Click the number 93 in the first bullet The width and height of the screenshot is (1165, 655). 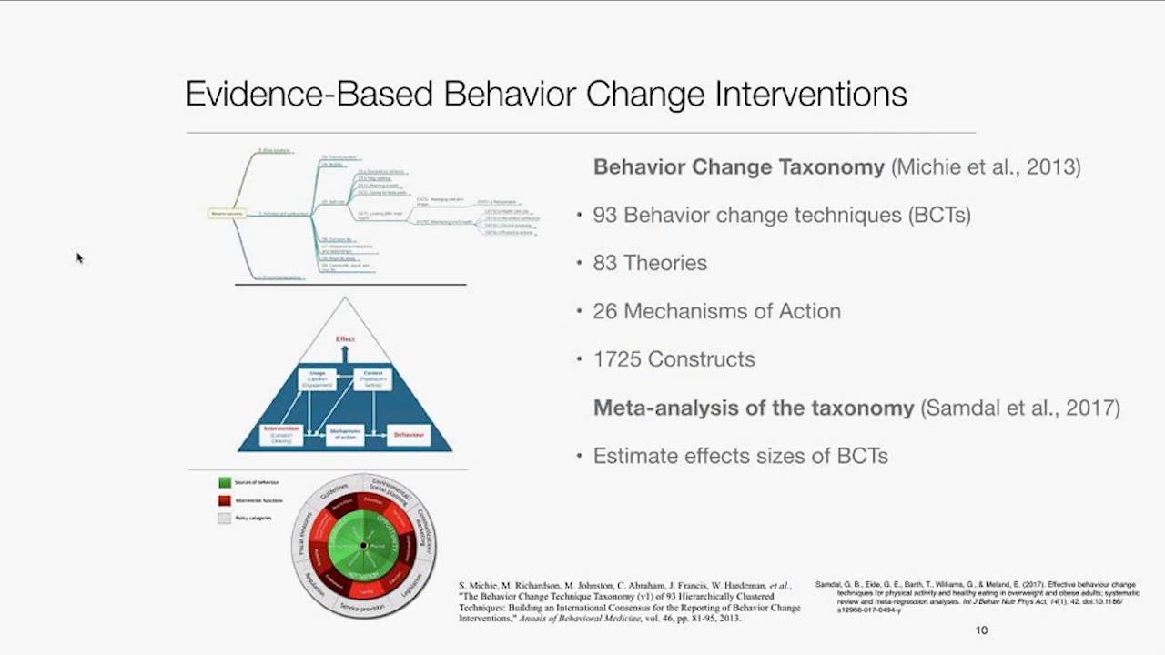(x=605, y=215)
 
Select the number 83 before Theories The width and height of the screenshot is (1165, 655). (x=605, y=263)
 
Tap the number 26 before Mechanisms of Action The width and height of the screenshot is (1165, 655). (x=605, y=311)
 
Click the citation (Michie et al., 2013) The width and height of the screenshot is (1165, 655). (x=986, y=167)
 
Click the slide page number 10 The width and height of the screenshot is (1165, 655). (x=981, y=630)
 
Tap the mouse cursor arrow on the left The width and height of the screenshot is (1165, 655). (x=79, y=257)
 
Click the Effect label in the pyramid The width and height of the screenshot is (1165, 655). (x=345, y=339)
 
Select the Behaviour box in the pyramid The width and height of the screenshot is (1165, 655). (x=409, y=436)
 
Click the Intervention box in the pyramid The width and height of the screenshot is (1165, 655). (x=281, y=435)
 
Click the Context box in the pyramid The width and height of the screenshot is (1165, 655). (x=372, y=379)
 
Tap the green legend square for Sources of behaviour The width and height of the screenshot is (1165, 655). (x=224, y=482)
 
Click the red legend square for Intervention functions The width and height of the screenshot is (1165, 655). (x=224, y=500)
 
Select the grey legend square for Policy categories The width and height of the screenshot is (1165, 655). (x=224, y=519)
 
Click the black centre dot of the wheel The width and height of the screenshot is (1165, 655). (x=363, y=546)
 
